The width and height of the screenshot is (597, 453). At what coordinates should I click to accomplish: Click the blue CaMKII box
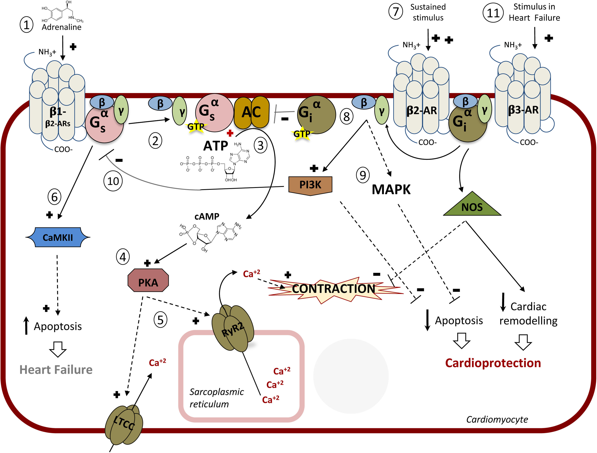(x=58, y=237)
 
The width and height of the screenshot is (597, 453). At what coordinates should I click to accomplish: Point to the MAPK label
(x=391, y=190)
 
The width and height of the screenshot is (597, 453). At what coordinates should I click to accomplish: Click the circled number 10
(x=113, y=181)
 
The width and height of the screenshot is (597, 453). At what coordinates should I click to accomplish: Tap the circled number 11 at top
(x=493, y=13)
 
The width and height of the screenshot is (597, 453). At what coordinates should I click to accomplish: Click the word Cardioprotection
(x=493, y=363)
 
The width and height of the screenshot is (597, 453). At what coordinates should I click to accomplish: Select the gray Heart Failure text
(x=56, y=369)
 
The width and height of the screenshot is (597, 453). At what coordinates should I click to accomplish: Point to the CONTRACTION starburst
(x=334, y=289)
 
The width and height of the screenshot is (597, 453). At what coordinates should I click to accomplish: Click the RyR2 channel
(x=233, y=329)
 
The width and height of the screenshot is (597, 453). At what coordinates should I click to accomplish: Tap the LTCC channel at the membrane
(x=124, y=424)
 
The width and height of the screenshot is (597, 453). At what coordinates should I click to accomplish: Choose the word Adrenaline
(x=62, y=27)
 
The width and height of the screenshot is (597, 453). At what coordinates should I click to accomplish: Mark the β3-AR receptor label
(x=523, y=110)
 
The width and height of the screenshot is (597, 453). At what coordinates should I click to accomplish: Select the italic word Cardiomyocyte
(x=497, y=419)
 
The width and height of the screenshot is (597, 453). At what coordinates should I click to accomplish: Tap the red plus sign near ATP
(x=230, y=133)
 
